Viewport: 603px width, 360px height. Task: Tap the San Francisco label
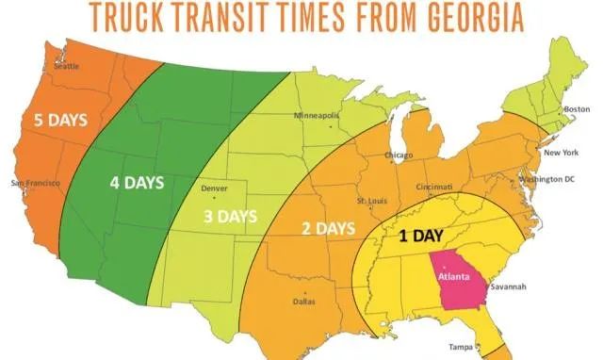(36, 181)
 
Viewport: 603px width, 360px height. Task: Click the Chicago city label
(399, 155)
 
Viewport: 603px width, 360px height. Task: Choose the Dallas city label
(303, 302)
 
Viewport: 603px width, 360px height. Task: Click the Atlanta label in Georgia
(454, 275)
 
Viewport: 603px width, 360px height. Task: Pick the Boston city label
(576, 109)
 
